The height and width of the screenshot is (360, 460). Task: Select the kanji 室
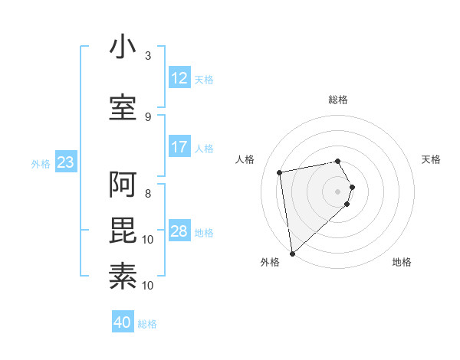[x=123, y=107]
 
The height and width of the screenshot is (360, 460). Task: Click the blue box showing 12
[x=179, y=78]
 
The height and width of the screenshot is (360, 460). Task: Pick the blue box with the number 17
[x=179, y=147]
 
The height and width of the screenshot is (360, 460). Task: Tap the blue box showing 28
[x=179, y=231]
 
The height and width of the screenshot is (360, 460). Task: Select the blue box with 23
[x=65, y=162]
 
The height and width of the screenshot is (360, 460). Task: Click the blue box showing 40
[x=123, y=322]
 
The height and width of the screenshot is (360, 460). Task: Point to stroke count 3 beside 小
[x=148, y=56]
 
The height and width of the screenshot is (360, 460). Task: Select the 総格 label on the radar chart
[x=338, y=100]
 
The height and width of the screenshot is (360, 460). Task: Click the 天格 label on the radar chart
[x=432, y=159]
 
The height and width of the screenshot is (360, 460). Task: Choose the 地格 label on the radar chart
[x=402, y=262]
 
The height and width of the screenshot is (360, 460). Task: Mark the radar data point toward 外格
[x=292, y=253]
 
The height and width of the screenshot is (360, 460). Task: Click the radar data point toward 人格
[x=281, y=172]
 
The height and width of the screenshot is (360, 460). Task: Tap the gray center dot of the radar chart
[x=338, y=191]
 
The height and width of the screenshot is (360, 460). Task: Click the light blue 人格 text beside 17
[x=204, y=148]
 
